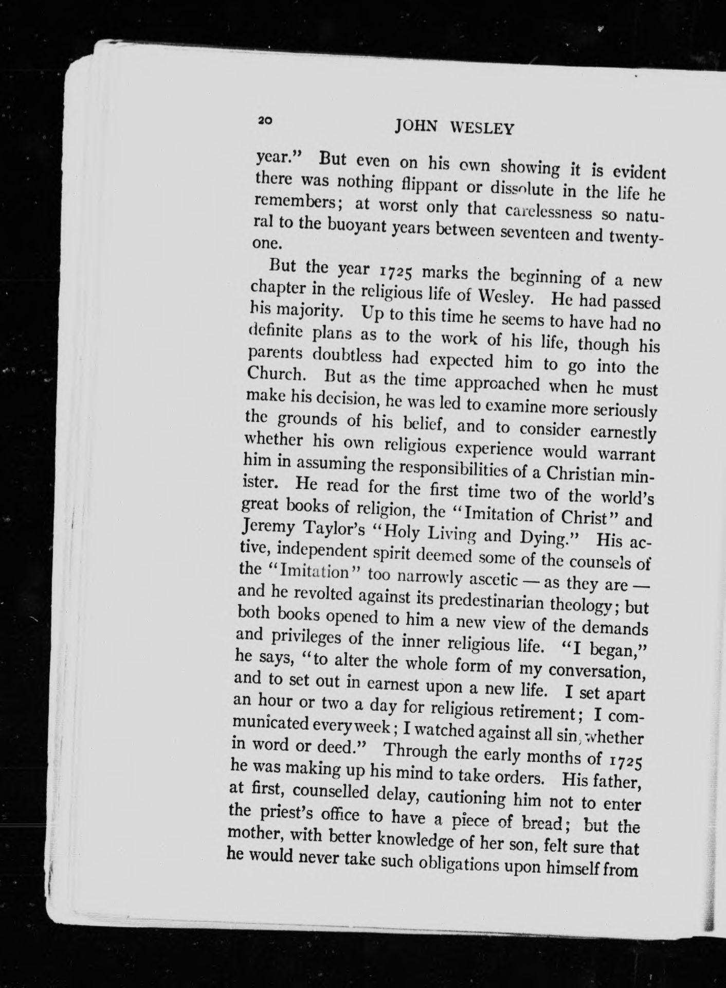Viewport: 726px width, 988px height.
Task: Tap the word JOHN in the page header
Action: coord(415,126)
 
